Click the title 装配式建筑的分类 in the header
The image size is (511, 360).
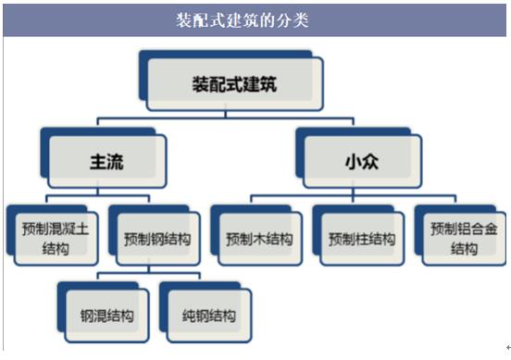[243, 20]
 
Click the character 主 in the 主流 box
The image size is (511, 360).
[98, 162]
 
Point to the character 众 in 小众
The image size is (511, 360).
[370, 162]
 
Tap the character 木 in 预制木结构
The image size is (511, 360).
[260, 239]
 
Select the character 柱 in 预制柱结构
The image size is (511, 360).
[362, 239]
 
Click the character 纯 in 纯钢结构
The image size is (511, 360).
[189, 316]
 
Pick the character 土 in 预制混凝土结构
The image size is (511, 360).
[82, 229]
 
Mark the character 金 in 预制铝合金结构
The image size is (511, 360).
[491, 229]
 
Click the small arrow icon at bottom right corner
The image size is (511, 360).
[508, 348]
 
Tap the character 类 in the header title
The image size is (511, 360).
[301, 20]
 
